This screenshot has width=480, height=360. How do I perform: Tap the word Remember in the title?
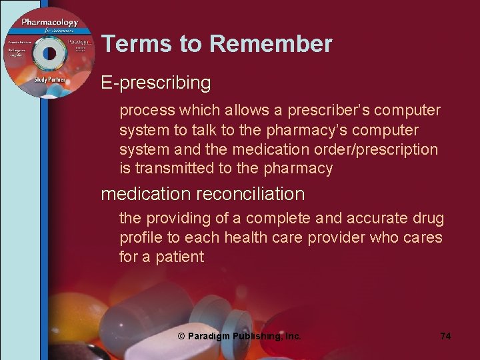coord(271,44)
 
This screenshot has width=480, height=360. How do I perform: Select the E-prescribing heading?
coord(156,83)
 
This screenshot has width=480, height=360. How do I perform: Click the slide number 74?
coord(445,336)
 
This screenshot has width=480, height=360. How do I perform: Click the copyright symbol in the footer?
coord(181,336)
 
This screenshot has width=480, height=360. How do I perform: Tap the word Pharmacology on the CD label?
coord(49,23)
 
